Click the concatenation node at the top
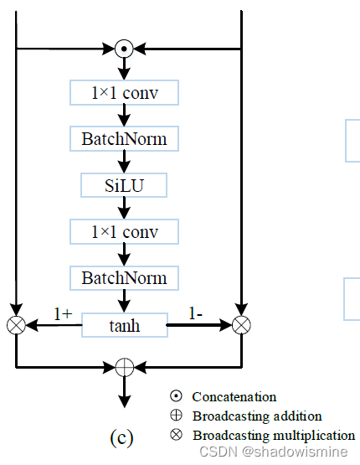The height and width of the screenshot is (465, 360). (124, 49)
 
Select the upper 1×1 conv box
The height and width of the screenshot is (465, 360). (124, 94)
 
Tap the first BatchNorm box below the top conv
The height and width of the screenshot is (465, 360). (124, 139)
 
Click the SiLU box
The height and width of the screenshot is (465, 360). (124, 185)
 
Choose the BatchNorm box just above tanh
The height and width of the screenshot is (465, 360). (124, 277)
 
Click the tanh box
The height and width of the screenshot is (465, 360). (124, 324)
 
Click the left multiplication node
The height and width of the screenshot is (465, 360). (16, 324)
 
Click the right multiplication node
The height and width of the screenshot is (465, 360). (241, 324)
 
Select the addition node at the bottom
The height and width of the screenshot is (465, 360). (124, 367)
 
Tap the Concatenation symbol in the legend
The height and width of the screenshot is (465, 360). (176, 396)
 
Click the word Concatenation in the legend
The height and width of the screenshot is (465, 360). (234, 396)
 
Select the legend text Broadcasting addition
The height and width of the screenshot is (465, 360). (256, 416)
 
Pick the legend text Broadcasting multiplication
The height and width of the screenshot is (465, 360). (273, 435)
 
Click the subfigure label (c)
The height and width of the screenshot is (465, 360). (121, 437)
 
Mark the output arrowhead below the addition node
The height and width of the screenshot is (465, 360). (124, 400)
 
